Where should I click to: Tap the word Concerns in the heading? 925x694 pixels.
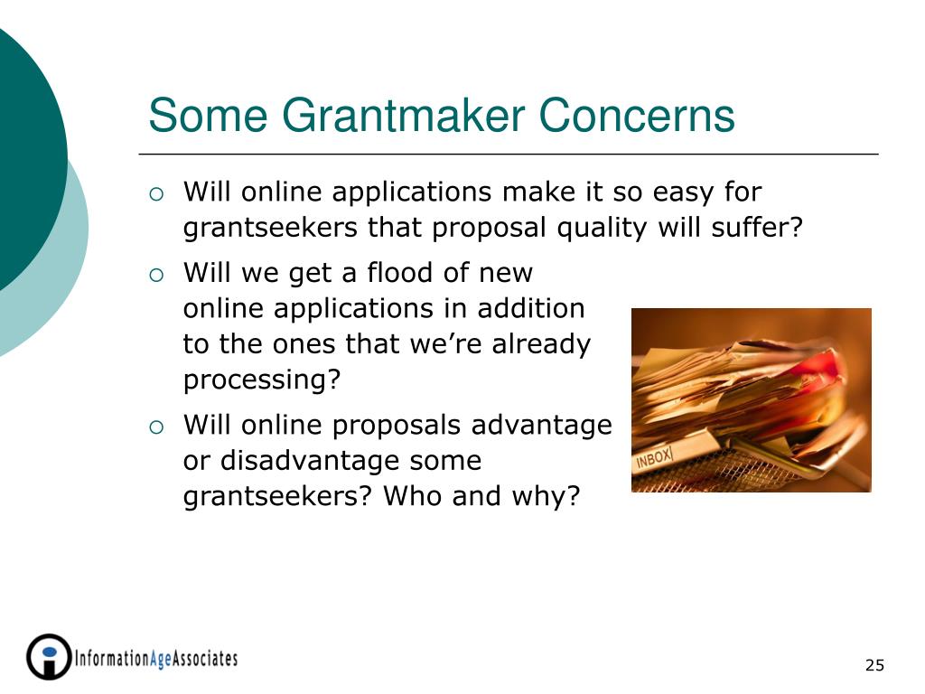pyautogui.click(x=637, y=115)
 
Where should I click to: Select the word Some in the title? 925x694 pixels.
pyautogui.click(x=209, y=115)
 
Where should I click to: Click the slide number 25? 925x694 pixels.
pyautogui.click(x=874, y=665)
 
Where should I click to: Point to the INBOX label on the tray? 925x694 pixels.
pyautogui.click(x=654, y=458)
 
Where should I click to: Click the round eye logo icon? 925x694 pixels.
pyautogui.click(x=49, y=657)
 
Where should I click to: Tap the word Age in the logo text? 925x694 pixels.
pyautogui.click(x=161, y=659)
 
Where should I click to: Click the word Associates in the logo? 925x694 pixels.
pyautogui.click(x=205, y=658)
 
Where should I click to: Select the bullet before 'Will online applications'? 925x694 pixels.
pyautogui.click(x=156, y=194)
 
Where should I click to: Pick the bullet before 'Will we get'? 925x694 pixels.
pyautogui.click(x=156, y=275)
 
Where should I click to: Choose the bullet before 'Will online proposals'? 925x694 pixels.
pyautogui.click(x=156, y=427)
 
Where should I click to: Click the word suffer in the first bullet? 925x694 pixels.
pyautogui.click(x=751, y=227)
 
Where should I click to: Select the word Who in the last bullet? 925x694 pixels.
pyautogui.click(x=412, y=496)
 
